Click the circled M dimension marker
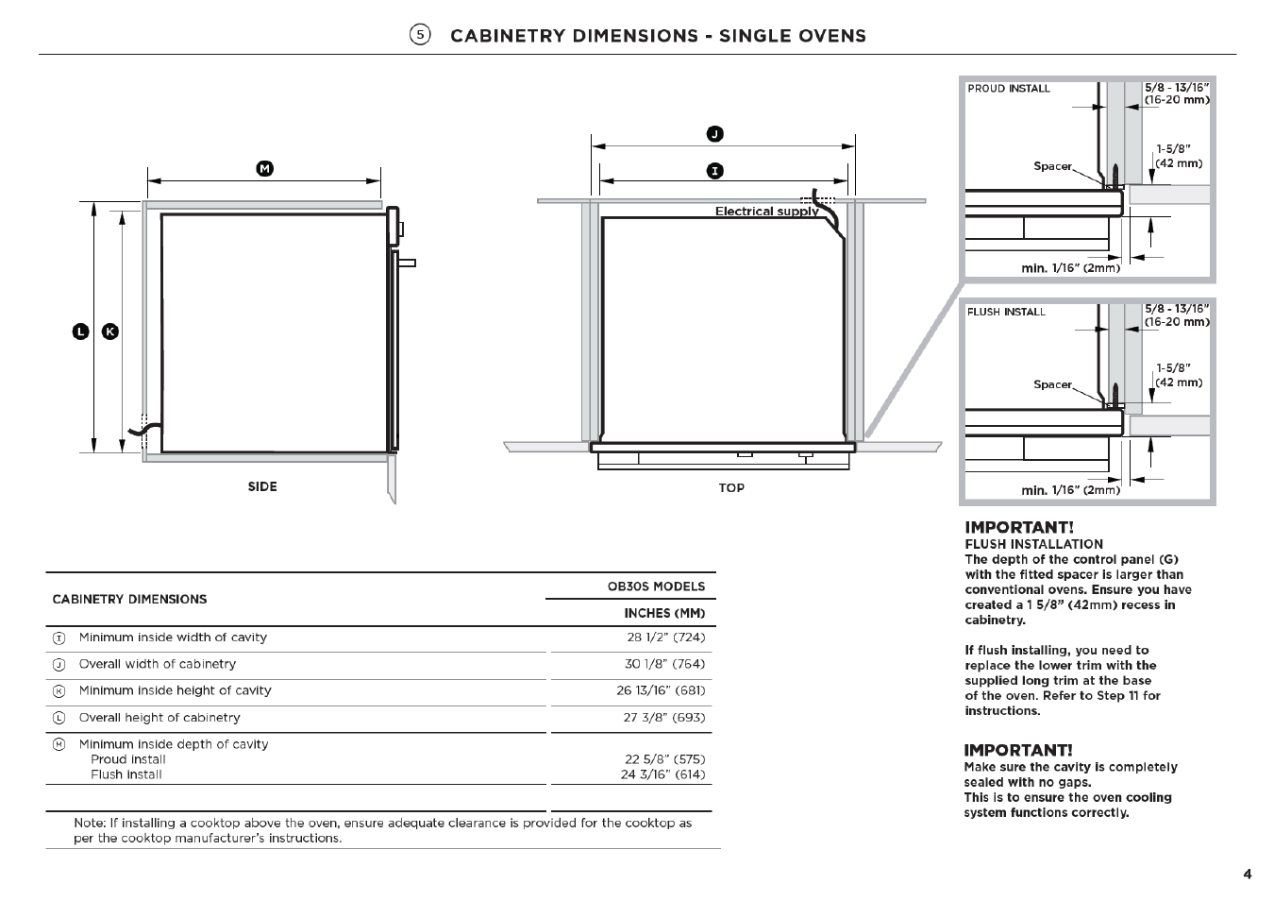pyautogui.click(x=265, y=168)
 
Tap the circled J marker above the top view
pyautogui.click(x=715, y=134)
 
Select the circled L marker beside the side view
pyautogui.click(x=81, y=331)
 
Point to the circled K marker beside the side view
pyautogui.click(x=110, y=331)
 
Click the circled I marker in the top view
pyautogui.click(x=715, y=171)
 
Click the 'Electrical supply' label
pyautogui.click(x=766, y=212)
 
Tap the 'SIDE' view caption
pyautogui.click(x=262, y=486)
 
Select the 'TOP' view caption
pyautogui.click(x=731, y=487)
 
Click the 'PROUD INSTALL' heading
pyautogui.click(x=1008, y=89)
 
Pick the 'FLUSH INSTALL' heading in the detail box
pyautogui.click(x=1006, y=312)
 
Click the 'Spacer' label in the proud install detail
pyautogui.click(x=1052, y=166)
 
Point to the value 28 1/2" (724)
pyautogui.click(x=665, y=637)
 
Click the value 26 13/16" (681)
pyautogui.click(x=661, y=690)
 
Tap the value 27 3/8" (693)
pyautogui.click(x=664, y=718)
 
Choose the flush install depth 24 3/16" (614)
pyautogui.click(x=662, y=774)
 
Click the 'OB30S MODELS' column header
pyautogui.click(x=656, y=586)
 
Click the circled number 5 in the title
pyautogui.click(x=420, y=35)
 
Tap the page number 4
pyautogui.click(x=1248, y=875)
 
